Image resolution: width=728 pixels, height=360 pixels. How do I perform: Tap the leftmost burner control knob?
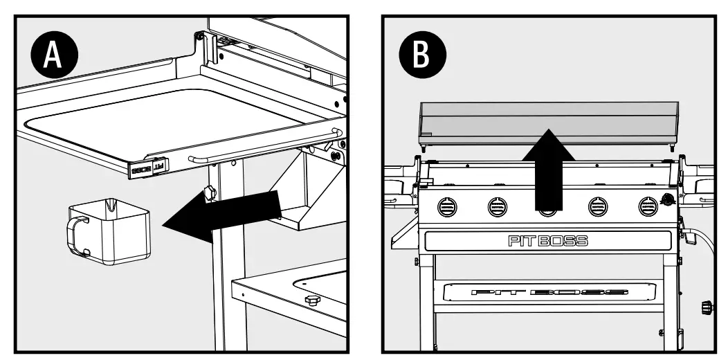pos(448,206)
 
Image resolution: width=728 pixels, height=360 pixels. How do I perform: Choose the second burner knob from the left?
pos(497,206)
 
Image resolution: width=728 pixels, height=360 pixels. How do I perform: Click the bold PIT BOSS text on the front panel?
pos(547,241)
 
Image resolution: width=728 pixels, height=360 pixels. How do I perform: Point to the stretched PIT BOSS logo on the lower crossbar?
pos(548,292)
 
